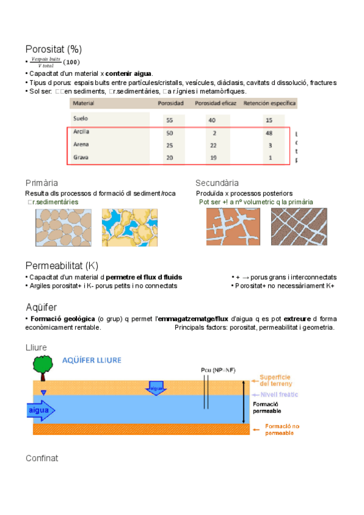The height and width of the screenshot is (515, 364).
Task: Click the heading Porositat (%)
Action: point(53,49)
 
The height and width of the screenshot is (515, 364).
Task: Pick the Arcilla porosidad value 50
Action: point(169,132)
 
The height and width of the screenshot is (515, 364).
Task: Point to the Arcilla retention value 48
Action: point(269,132)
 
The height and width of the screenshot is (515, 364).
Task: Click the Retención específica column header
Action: point(270,103)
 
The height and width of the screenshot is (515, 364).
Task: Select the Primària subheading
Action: point(42,183)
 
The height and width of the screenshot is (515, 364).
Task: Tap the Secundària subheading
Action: point(217,183)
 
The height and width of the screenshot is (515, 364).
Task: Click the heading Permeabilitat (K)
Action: point(61,265)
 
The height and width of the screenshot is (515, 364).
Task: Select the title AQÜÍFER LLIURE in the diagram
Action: point(92,360)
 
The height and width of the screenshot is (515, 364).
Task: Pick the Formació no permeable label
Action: point(281,430)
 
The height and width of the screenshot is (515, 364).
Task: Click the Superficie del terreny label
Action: point(276,380)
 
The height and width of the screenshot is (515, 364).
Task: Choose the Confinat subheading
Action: point(42,458)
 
